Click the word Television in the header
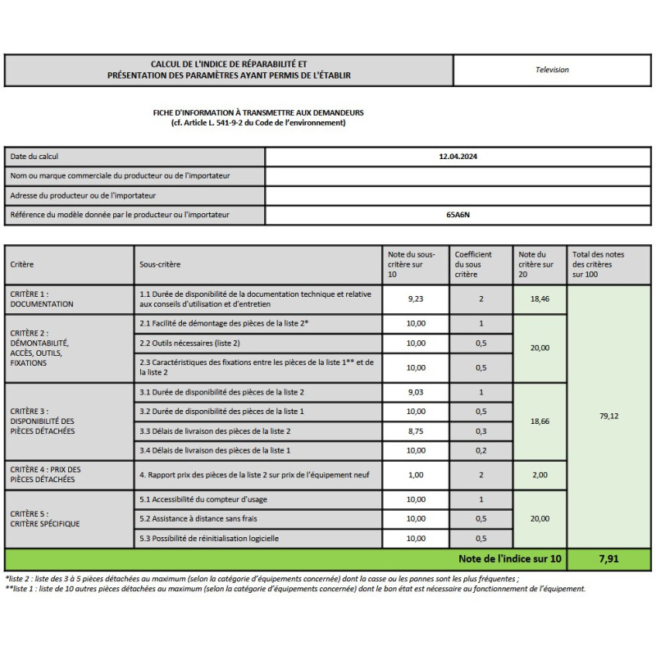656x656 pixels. [552, 70]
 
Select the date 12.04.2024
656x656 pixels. [458, 156]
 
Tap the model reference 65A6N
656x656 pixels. [458, 215]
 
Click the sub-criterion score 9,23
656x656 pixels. [416, 299]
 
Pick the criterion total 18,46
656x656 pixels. [540, 299]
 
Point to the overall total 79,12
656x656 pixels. [608, 416]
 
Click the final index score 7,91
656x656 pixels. [608, 559]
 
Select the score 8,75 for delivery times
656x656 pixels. [416, 431]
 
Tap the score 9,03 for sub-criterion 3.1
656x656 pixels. [416, 392]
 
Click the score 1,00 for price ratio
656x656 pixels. [416, 475]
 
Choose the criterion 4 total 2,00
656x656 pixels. [540, 475]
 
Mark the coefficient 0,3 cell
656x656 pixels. [481, 431]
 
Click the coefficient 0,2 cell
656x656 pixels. [481, 450]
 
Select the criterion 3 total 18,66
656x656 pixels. [540, 421]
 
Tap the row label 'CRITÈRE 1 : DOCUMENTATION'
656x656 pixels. [42, 298]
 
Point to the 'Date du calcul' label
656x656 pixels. [34, 156]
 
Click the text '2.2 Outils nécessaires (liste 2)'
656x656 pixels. [189, 343]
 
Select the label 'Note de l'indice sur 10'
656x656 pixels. [510, 559]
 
